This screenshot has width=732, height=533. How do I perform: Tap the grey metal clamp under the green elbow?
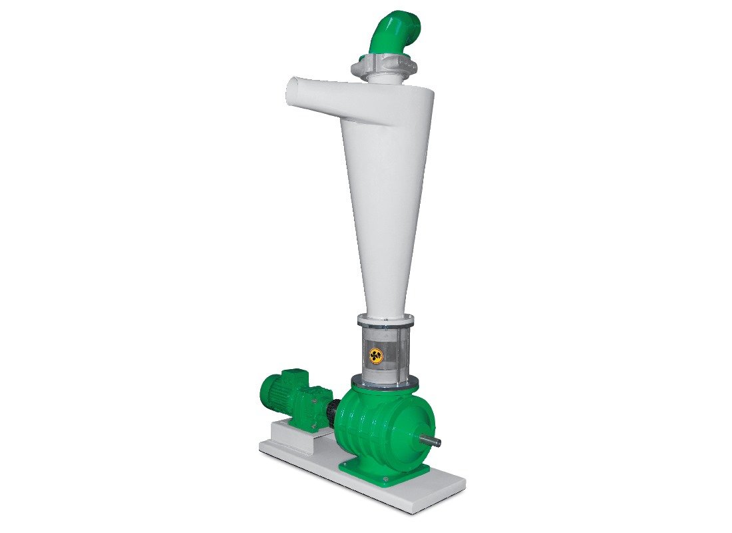(384, 67)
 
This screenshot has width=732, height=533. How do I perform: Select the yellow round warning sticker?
(377, 356)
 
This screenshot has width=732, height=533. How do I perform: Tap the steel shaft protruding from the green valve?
(431, 440)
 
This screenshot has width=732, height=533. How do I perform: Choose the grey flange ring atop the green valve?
(385, 381)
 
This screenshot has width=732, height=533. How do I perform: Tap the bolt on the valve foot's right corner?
(422, 469)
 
